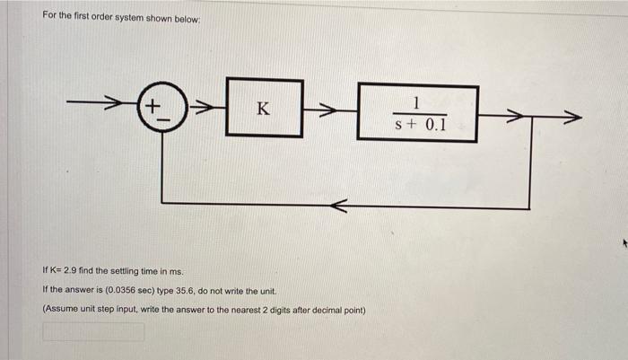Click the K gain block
coord(263,109)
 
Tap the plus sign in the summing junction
coord(153,107)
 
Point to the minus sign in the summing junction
coord(162,123)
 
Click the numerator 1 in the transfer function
coord(419,101)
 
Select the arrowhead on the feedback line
coord(336,207)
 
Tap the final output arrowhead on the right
coord(571,115)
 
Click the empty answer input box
coord(93,332)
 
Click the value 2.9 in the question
coord(69,269)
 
